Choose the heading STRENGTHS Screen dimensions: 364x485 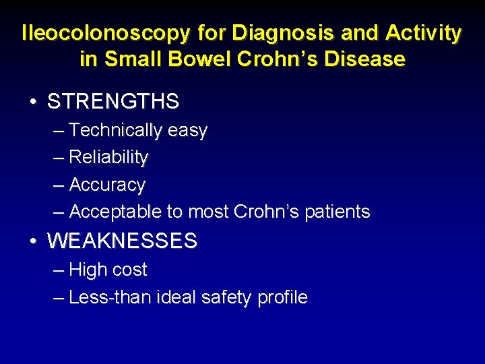point(113,102)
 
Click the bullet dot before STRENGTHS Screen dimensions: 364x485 point(33,102)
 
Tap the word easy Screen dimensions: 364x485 point(187,131)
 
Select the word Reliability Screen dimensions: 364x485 point(108,158)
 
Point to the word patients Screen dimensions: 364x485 point(337,212)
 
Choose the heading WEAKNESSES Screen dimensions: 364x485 point(122,241)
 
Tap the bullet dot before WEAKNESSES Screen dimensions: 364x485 point(33,241)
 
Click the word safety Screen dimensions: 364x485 point(228,297)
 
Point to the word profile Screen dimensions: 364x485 point(283,297)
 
